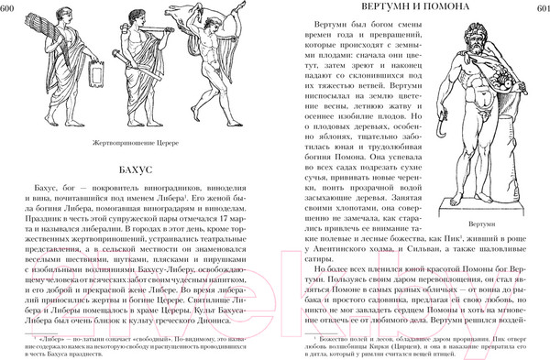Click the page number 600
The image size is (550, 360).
tap(11, 9)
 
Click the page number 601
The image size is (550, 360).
tap(539, 9)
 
